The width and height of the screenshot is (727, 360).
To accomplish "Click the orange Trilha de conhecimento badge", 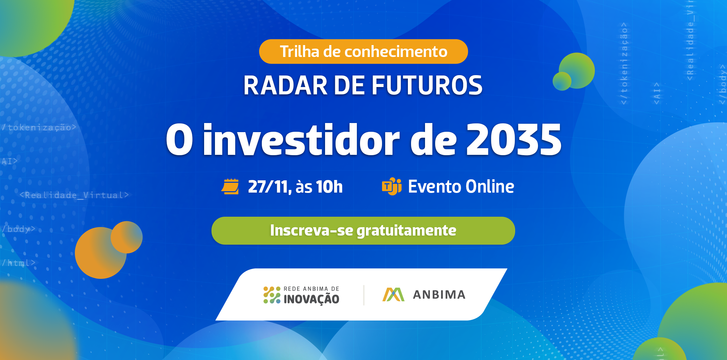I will pos(363,52).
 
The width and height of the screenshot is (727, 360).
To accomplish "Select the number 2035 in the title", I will pos(514,140).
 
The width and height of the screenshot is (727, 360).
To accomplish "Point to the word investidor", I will pos(301,140).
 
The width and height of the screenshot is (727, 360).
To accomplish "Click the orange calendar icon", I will pos(230,186).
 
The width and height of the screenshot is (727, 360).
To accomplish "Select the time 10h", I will pos(329,187).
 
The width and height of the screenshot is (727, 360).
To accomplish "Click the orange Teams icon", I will pos(391,186).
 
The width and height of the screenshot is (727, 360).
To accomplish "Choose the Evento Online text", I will pos(461,187).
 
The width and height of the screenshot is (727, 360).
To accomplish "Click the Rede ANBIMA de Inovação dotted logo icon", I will pos(272,295).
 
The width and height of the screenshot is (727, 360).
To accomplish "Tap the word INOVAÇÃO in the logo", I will pos(311,299).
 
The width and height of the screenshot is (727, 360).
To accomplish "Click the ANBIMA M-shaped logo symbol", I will pos(393,295).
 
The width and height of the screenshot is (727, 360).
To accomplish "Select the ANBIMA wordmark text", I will pos(439,295).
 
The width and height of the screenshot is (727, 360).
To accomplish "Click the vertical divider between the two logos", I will pos(364,295).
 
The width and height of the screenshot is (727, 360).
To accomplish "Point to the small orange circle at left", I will pos(127,237).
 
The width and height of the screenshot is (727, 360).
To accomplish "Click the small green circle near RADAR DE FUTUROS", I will pos(562,81).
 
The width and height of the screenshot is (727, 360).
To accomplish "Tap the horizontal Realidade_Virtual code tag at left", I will pos(74,195).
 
